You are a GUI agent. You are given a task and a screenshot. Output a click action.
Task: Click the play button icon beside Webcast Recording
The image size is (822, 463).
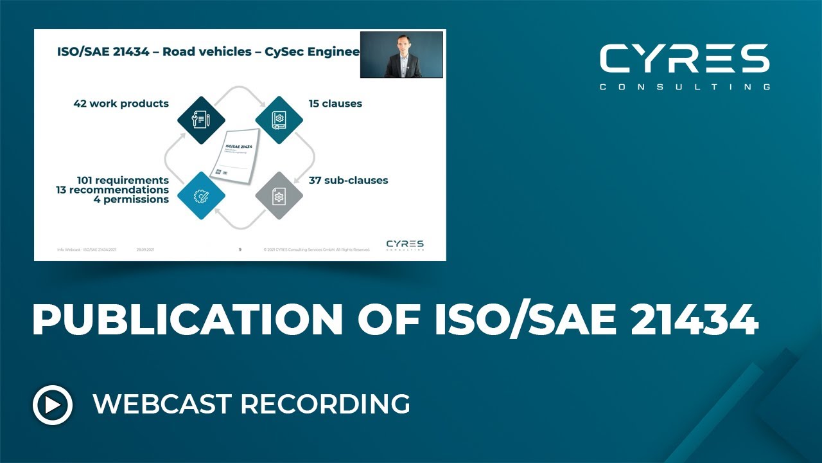(x=53, y=405)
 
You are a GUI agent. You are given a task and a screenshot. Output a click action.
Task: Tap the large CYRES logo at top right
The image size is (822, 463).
(x=685, y=59)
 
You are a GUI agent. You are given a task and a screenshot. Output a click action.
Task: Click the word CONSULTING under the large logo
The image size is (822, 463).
(x=685, y=87)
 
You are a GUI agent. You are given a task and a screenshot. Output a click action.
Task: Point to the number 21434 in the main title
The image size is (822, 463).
(x=694, y=320)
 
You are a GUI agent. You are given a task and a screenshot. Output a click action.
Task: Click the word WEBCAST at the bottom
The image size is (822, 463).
(x=162, y=404)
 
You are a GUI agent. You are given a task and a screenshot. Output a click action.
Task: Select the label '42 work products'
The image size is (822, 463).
(x=121, y=104)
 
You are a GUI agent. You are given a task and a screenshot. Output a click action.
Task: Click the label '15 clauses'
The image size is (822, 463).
(x=335, y=104)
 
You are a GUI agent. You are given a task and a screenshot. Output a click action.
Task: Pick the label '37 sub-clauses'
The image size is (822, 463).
(x=348, y=180)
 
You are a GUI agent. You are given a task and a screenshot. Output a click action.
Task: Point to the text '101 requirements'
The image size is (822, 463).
(x=123, y=180)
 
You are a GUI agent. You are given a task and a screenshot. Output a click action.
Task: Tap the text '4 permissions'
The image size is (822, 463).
(x=131, y=199)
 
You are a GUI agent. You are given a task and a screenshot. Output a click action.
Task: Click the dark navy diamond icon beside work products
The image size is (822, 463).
(x=202, y=120)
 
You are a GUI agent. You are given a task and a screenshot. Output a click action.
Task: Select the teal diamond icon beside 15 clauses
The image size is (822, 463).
(x=279, y=120)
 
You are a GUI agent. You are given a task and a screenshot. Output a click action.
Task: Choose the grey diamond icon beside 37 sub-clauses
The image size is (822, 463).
(x=279, y=196)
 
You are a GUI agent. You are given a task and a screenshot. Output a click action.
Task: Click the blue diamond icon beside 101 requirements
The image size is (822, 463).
(x=202, y=196)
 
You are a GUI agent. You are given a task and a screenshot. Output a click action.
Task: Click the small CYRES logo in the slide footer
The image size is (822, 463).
(x=405, y=244)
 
